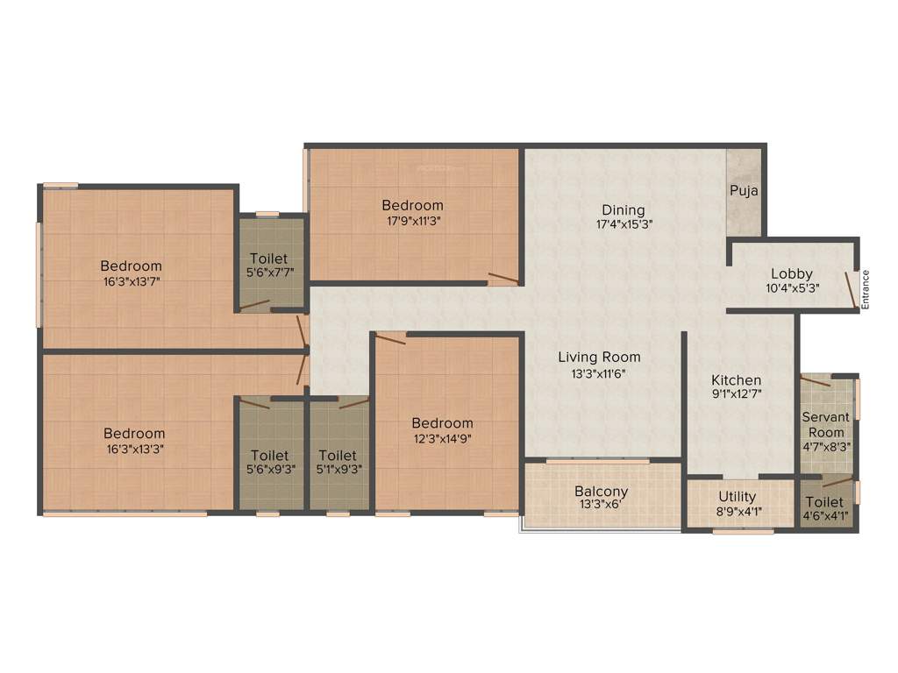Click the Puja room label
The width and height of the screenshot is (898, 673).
pos(744,190)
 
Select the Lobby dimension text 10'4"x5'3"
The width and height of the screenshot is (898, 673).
pos(792,287)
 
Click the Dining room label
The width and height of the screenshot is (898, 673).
pos(624,210)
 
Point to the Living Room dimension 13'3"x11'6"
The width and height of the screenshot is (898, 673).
pos(600,372)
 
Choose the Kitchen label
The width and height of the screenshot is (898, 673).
pos(736,380)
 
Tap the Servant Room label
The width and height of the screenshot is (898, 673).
pos(825,425)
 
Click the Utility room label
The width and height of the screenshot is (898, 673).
pos(738,498)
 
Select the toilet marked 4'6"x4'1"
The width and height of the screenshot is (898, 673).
pos(824,508)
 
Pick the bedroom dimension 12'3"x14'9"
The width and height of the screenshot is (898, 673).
pos(442,439)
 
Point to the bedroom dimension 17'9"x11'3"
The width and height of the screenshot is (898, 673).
pos(412,221)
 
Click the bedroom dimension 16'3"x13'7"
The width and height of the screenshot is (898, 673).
pos(131,281)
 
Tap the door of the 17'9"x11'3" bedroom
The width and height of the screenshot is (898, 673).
pos(502,280)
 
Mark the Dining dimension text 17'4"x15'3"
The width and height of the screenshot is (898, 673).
pos(624,224)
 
